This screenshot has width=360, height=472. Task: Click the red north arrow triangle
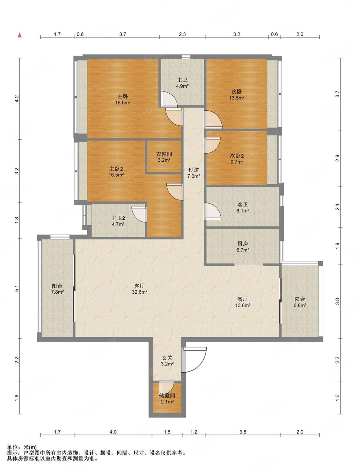pos(20,35)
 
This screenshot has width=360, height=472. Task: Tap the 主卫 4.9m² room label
pos(183,83)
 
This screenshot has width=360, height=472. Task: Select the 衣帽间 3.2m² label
pos(164,157)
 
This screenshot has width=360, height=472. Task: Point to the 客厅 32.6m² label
pos(139,289)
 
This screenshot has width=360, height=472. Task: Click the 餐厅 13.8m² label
pos(243,302)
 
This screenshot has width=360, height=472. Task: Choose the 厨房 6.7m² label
pos(243,247)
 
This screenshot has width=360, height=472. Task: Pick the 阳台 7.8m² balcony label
pos(57,289)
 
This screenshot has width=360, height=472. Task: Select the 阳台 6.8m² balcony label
pos(300,302)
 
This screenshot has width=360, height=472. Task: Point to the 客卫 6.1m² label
pos(243,208)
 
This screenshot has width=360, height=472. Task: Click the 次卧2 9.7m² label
pos(237,159)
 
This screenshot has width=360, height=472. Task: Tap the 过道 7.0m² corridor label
pos(194,173)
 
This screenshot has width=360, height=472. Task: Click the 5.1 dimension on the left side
pos(17,288)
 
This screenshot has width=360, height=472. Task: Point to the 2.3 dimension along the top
pos(182,34)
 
